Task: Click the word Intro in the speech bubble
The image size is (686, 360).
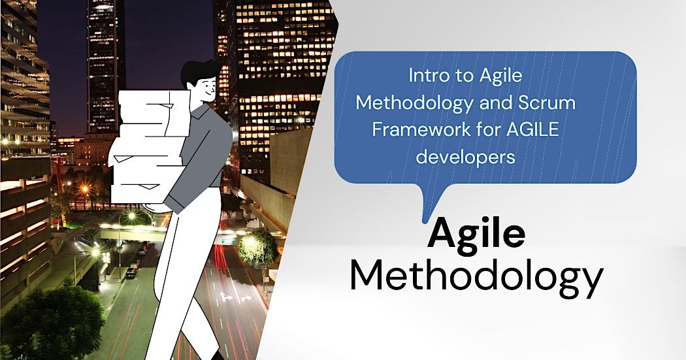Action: pyautogui.click(x=425, y=76)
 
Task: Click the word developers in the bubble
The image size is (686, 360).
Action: pyautogui.click(x=466, y=157)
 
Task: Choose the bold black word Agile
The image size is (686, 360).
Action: pyautogui.click(x=476, y=236)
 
